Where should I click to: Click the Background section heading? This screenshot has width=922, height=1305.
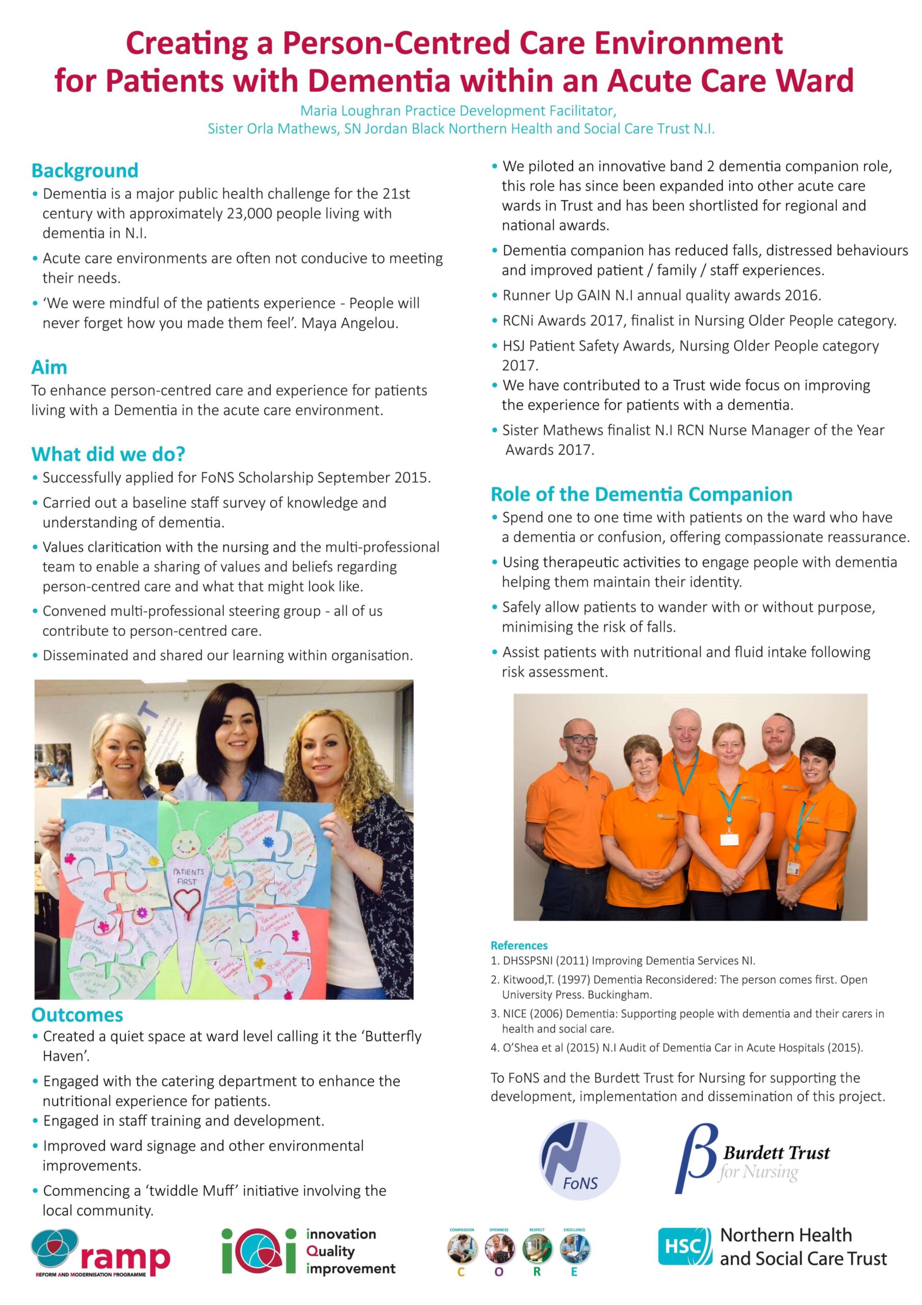(85, 170)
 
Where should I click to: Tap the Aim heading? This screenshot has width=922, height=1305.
(49, 367)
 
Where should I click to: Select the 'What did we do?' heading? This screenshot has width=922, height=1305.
(108, 454)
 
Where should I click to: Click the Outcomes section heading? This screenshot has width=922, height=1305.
(78, 1014)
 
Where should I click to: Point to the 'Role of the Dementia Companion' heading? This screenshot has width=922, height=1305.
(641, 494)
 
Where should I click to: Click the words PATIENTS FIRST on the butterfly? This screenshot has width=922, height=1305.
(188, 876)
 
